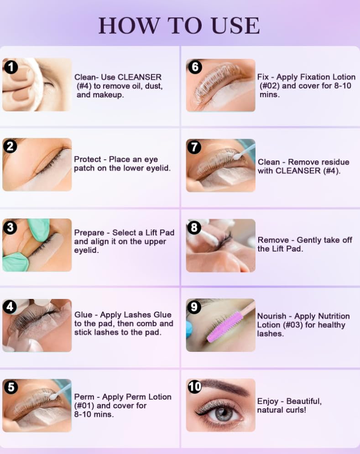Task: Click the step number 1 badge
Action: [10, 67]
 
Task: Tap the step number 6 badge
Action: [195, 67]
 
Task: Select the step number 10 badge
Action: [194, 386]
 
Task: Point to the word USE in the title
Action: [235, 26]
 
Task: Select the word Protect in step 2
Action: [88, 159]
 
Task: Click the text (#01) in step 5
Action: [84, 406]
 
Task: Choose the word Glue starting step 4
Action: [83, 315]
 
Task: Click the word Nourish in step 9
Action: [271, 316]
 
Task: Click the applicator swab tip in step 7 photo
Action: [238, 156]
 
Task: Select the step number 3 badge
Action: [10, 227]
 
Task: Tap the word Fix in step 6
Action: [263, 77]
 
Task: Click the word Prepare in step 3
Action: [89, 233]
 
